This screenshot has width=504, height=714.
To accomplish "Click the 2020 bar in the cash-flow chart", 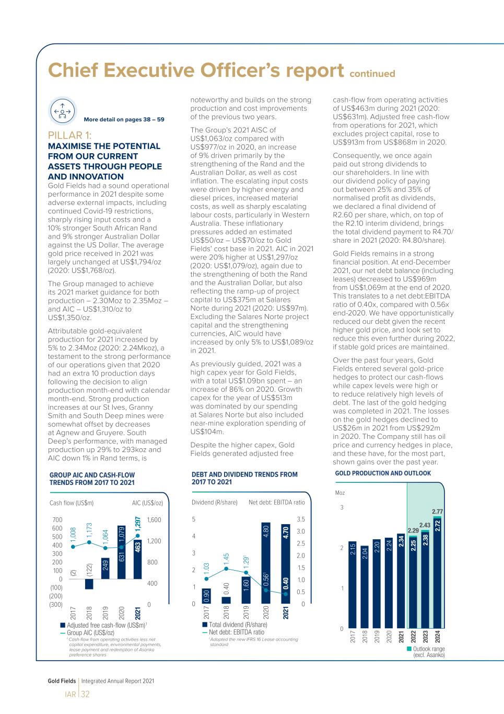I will [x=121, y=552].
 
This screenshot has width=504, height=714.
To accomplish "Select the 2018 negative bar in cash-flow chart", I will [x=89, y=584].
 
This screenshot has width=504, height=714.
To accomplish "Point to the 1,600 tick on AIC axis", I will [x=154, y=520].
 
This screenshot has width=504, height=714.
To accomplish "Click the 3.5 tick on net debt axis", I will [x=300, y=519].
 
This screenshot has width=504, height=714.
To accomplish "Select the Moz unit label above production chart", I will [x=340, y=493].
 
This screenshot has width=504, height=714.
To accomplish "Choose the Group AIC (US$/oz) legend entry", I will [x=90, y=633].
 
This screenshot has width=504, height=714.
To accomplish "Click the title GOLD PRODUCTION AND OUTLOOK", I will [x=383, y=473].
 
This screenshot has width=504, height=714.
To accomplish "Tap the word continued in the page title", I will [x=372, y=74].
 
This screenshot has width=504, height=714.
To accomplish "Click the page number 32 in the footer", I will [x=85, y=694].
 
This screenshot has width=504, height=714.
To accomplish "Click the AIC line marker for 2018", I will [x=89, y=542].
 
